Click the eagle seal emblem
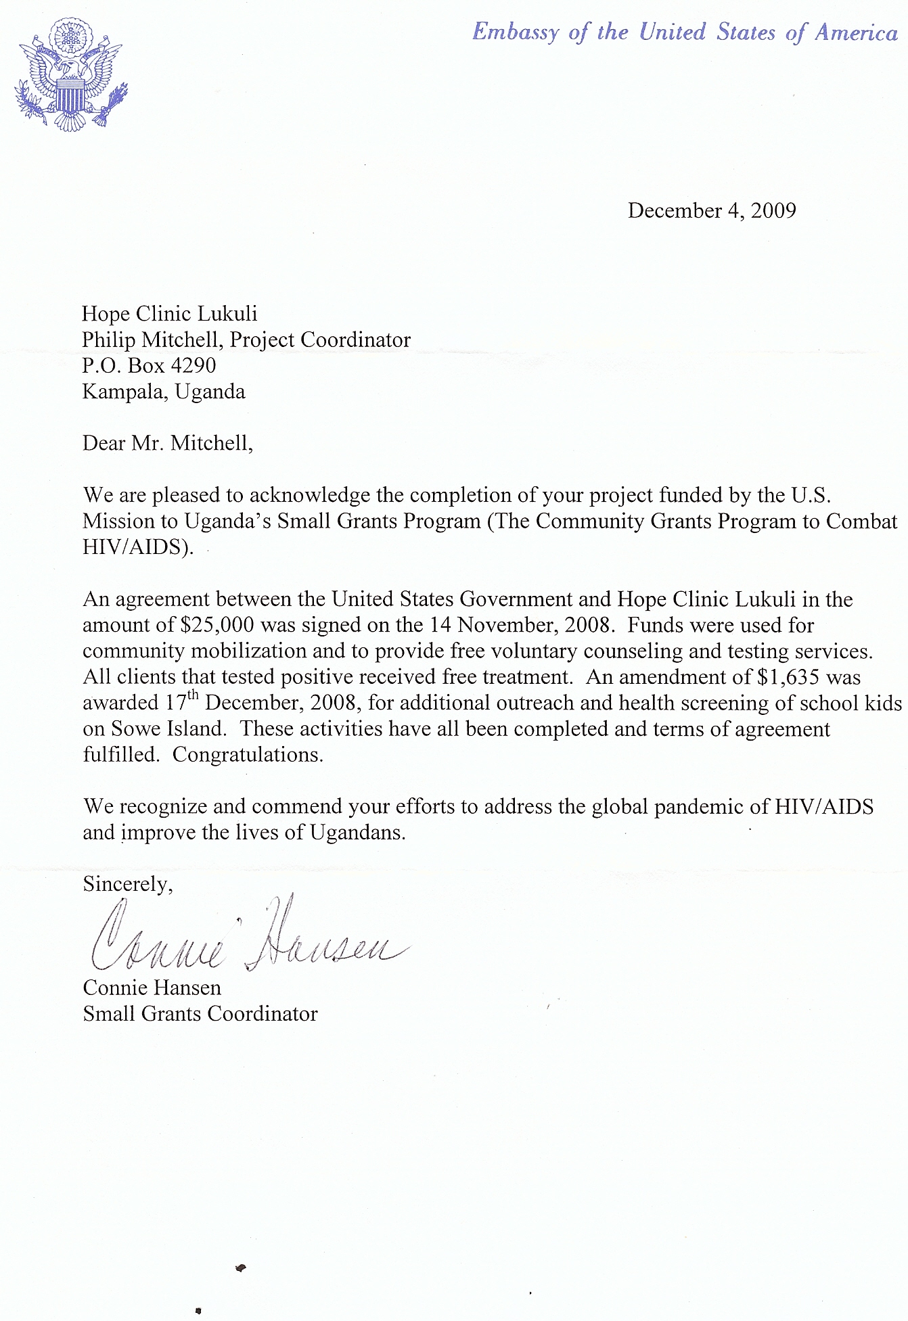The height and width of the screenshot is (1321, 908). [x=70, y=74]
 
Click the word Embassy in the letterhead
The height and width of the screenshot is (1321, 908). [x=516, y=32]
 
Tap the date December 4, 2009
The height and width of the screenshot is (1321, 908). [x=712, y=210]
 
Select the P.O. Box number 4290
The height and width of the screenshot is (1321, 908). [x=194, y=365]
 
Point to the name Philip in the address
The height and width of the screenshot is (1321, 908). [x=108, y=340]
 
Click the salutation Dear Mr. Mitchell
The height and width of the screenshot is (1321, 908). [x=167, y=443]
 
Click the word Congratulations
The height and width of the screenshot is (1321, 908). [x=248, y=755]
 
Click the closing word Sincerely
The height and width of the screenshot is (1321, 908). [x=127, y=884]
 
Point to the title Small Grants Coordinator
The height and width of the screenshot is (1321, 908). [x=200, y=1014]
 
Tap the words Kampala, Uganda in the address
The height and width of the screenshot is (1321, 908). [x=164, y=392]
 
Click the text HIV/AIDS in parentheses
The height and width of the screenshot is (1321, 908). [x=135, y=547]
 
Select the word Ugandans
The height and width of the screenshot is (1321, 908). [x=357, y=833]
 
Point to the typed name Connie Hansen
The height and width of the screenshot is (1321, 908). [x=152, y=988]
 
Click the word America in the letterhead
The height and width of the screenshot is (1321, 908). [x=855, y=32]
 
